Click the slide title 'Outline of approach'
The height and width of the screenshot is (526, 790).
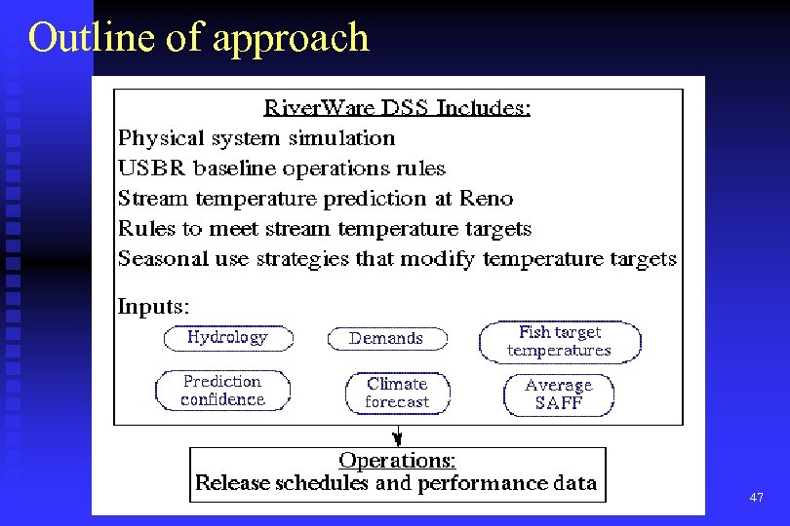tap(199, 38)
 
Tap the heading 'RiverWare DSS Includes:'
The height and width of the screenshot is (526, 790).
tap(398, 108)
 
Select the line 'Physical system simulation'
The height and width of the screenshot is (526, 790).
tap(257, 138)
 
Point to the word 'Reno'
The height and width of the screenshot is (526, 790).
tap(487, 199)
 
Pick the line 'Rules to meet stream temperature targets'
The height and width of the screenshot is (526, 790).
tap(324, 229)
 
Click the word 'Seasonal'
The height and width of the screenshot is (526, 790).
tap(160, 259)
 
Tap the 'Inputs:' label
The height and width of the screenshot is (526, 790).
tap(154, 306)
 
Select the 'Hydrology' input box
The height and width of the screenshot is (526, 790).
tap(227, 338)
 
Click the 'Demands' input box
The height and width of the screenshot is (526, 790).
tap(386, 339)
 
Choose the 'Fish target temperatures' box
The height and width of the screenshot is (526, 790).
tap(560, 342)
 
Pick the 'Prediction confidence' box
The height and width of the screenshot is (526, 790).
tap(223, 391)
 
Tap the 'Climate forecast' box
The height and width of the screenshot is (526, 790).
tap(397, 393)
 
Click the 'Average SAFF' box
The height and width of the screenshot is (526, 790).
tap(559, 394)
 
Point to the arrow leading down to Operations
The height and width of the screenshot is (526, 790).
tap(397, 436)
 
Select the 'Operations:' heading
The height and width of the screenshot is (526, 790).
tap(397, 460)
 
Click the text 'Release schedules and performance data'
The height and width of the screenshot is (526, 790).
tap(396, 483)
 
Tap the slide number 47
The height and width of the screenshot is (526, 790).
tap(756, 498)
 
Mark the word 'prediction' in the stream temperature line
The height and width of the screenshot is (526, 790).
tap(371, 199)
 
